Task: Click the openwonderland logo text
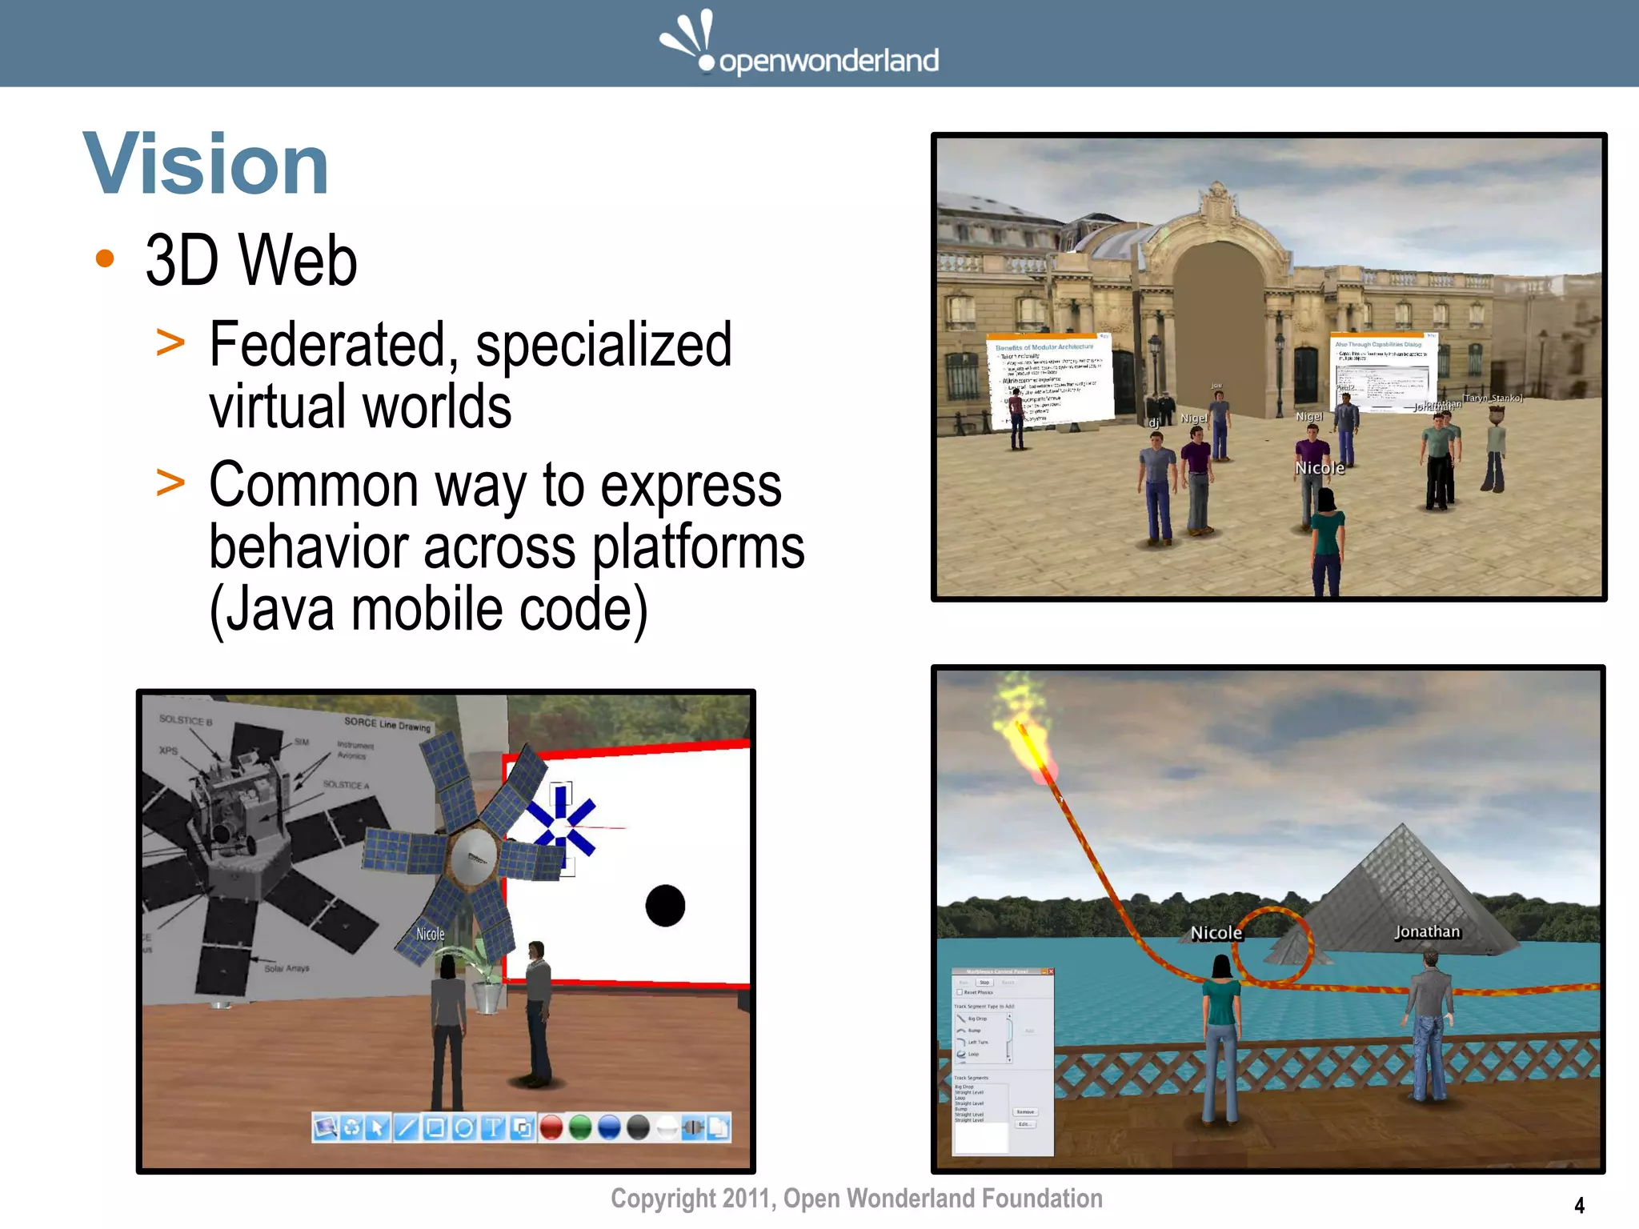pyautogui.click(x=828, y=61)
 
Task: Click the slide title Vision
pyautogui.click(x=206, y=164)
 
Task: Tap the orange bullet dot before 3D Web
pyautogui.click(x=105, y=258)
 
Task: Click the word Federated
pyautogui.click(x=327, y=345)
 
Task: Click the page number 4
pyautogui.click(x=1579, y=1205)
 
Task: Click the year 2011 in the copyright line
pyautogui.click(x=747, y=1199)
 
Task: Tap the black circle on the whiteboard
pyautogui.click(x=665, y=906)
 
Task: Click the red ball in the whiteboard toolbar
pyautogui.click(x=551, y=1128)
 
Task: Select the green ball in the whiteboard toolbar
pyautogui.click(x=580, y=1128)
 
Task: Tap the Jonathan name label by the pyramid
pyautogui.click(x=1427, y=931)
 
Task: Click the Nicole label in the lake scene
pyautogui.click(x=1216, y=933)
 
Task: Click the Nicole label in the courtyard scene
pyautogui.click(x=1320, y=468)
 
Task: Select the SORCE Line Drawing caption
pyautogui.click(x=387, y=724)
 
